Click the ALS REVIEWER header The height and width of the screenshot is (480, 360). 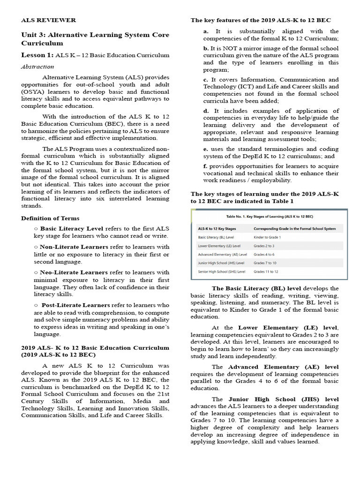48,20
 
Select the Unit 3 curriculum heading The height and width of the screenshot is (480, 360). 95,39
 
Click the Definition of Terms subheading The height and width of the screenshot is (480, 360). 50,218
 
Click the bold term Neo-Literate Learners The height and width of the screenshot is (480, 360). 74,272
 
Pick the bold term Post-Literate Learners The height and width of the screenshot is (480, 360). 75,305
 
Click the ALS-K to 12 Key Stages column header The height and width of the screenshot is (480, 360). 217,229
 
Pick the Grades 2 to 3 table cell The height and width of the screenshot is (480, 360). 264,246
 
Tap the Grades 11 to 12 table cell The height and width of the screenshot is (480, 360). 265,271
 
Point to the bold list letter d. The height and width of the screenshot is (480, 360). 206,111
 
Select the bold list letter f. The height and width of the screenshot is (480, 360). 205,166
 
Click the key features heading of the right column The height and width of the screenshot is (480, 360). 261,20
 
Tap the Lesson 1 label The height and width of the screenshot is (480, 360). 37,55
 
